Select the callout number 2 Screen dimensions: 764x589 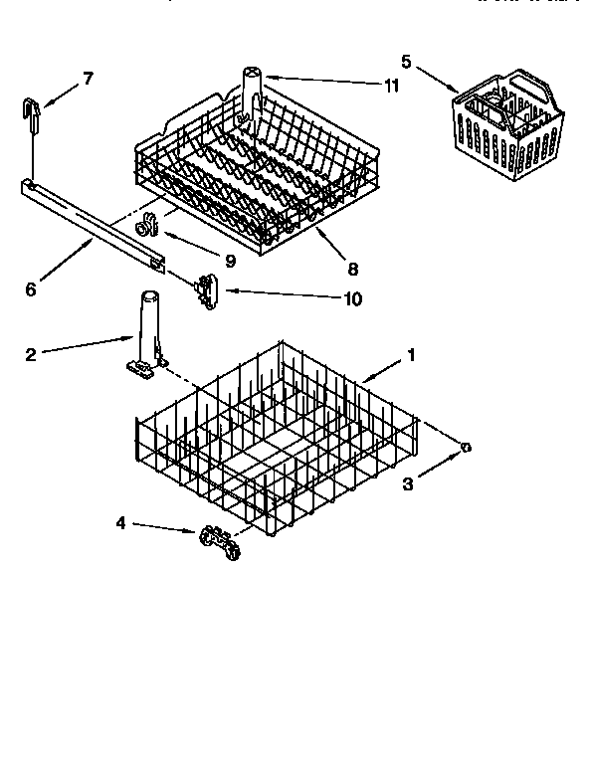tap(31, 354)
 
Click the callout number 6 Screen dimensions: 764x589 tap(31, 289)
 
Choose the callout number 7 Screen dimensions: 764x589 tap(88, 79)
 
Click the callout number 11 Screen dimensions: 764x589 tap(391, 86)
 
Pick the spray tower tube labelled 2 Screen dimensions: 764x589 tap(147, 333)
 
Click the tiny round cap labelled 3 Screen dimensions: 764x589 tap(465, 450)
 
